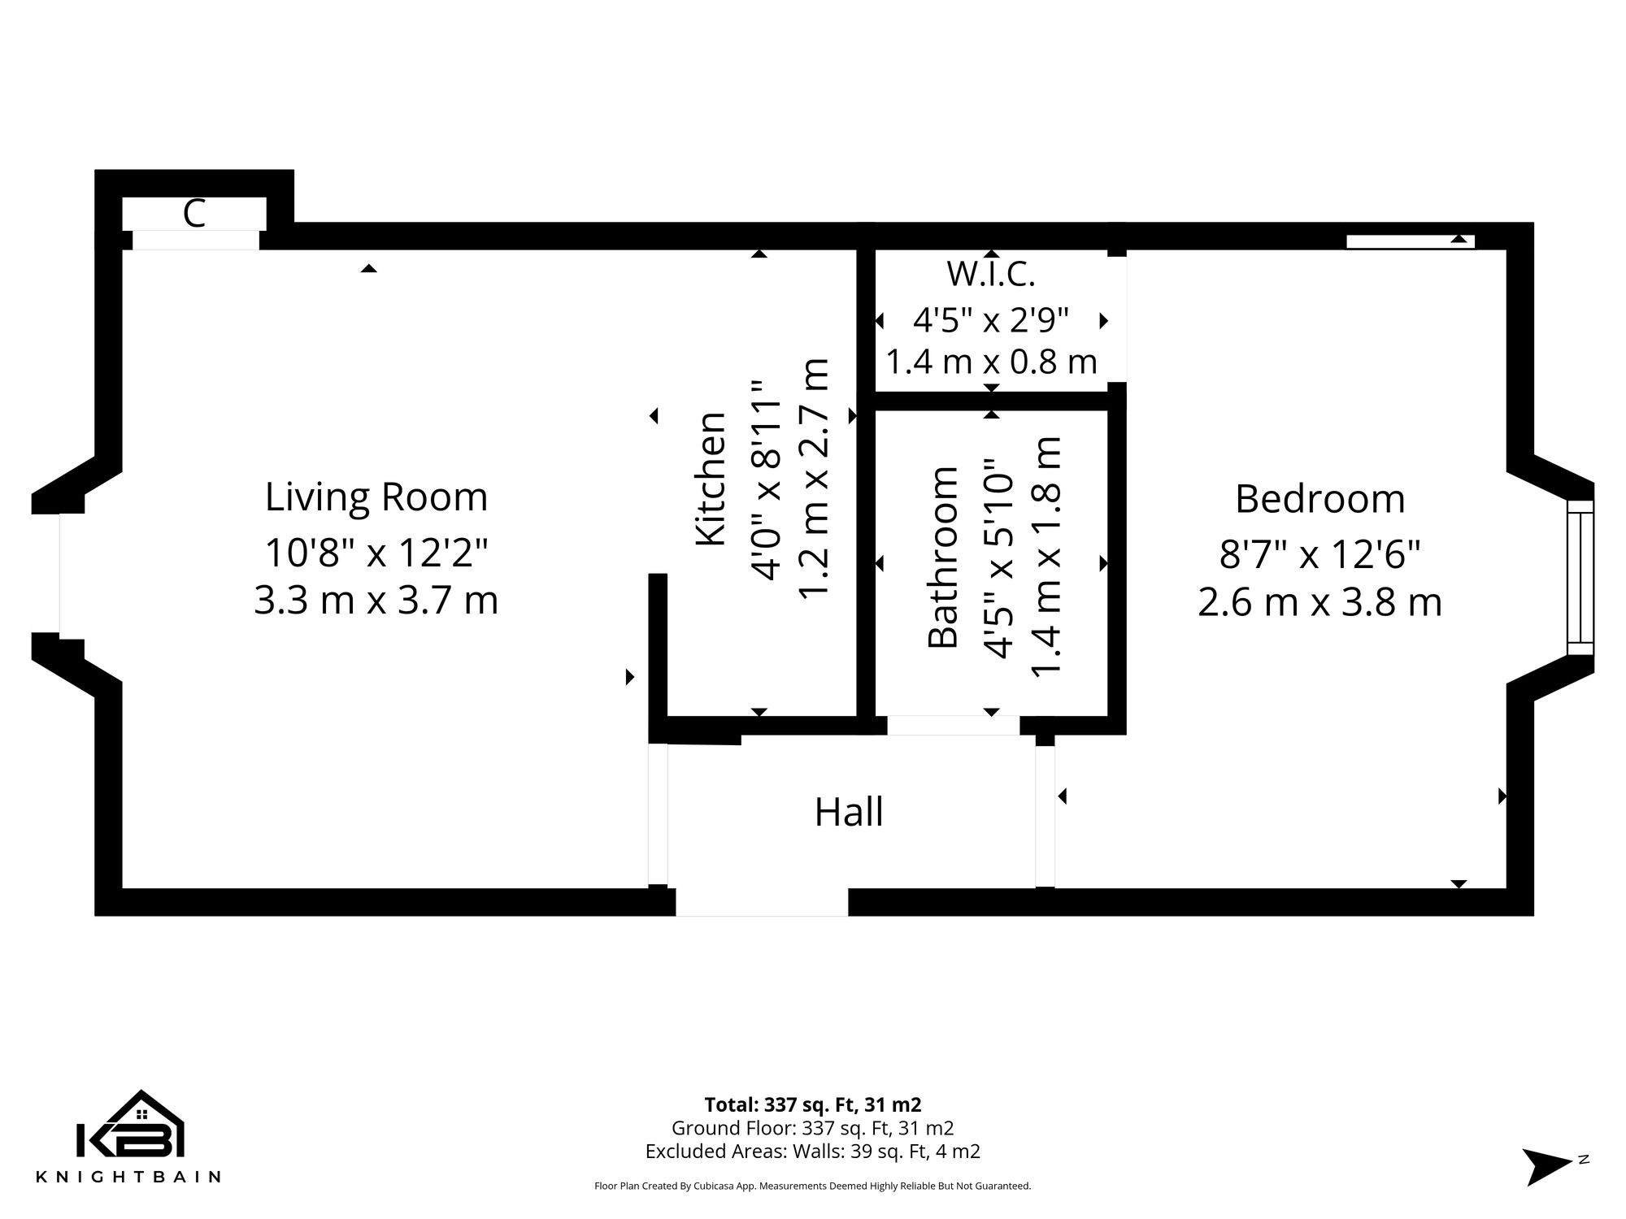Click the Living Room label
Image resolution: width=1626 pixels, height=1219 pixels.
[x=376, y=497]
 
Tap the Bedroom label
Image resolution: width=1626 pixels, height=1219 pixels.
[x=1319, y=499]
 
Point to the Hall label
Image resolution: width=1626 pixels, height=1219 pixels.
[x=849, y=812]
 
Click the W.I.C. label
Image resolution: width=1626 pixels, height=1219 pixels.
[x=990, y=275]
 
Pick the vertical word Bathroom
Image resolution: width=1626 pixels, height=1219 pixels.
[x=942, y=557]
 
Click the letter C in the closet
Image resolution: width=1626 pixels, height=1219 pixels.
[x=193, y=215]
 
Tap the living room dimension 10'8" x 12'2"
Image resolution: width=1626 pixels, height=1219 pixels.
[x=376, y=553]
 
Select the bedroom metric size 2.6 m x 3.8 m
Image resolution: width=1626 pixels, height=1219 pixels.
[x=1319, y=603]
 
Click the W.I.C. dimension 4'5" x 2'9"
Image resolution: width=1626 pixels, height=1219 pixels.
[x=990, y=320]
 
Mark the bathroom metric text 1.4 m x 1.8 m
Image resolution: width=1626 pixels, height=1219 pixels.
[x=1046, y=557]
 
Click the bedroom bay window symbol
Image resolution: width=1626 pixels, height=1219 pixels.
[x=1580, y=577]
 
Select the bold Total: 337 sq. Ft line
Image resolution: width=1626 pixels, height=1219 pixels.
[x=812, y=1105]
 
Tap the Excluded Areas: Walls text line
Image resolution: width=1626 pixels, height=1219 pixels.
[x=812, y=1152]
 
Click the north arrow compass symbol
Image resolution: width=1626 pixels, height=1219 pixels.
[x=1547, y=1166]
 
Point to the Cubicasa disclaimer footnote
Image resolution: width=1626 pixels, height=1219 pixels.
[x=812, y=1186]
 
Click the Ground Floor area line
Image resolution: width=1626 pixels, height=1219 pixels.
[x=812, y=1128]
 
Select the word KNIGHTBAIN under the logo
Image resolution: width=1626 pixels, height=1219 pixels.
[x=128, y=1177]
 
